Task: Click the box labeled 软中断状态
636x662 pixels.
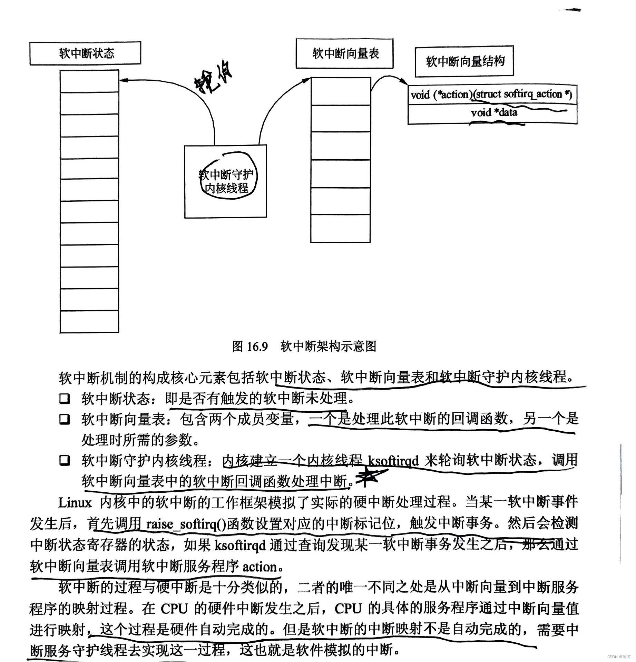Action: click(x=85, y=53)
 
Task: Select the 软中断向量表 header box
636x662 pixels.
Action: click(x=344, y=53)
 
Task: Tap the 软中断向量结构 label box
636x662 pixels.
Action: click(x=464, y=62)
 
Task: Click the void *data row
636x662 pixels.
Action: click(x=493, y=112)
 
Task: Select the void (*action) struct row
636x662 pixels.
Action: click(x=491, y=94)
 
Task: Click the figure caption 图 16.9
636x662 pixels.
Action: click(x=250, y=346)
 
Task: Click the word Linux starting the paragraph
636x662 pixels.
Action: click(x=75, y=503)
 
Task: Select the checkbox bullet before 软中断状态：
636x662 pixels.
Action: click(x=64, y=399)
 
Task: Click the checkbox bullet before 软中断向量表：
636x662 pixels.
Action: click(x=64, y=419)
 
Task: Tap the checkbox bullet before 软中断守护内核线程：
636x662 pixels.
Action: click(x=64, y=461)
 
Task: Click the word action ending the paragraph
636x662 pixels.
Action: click(x=260, y=567)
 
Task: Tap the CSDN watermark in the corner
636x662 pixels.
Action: click(x=617, y=656)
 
